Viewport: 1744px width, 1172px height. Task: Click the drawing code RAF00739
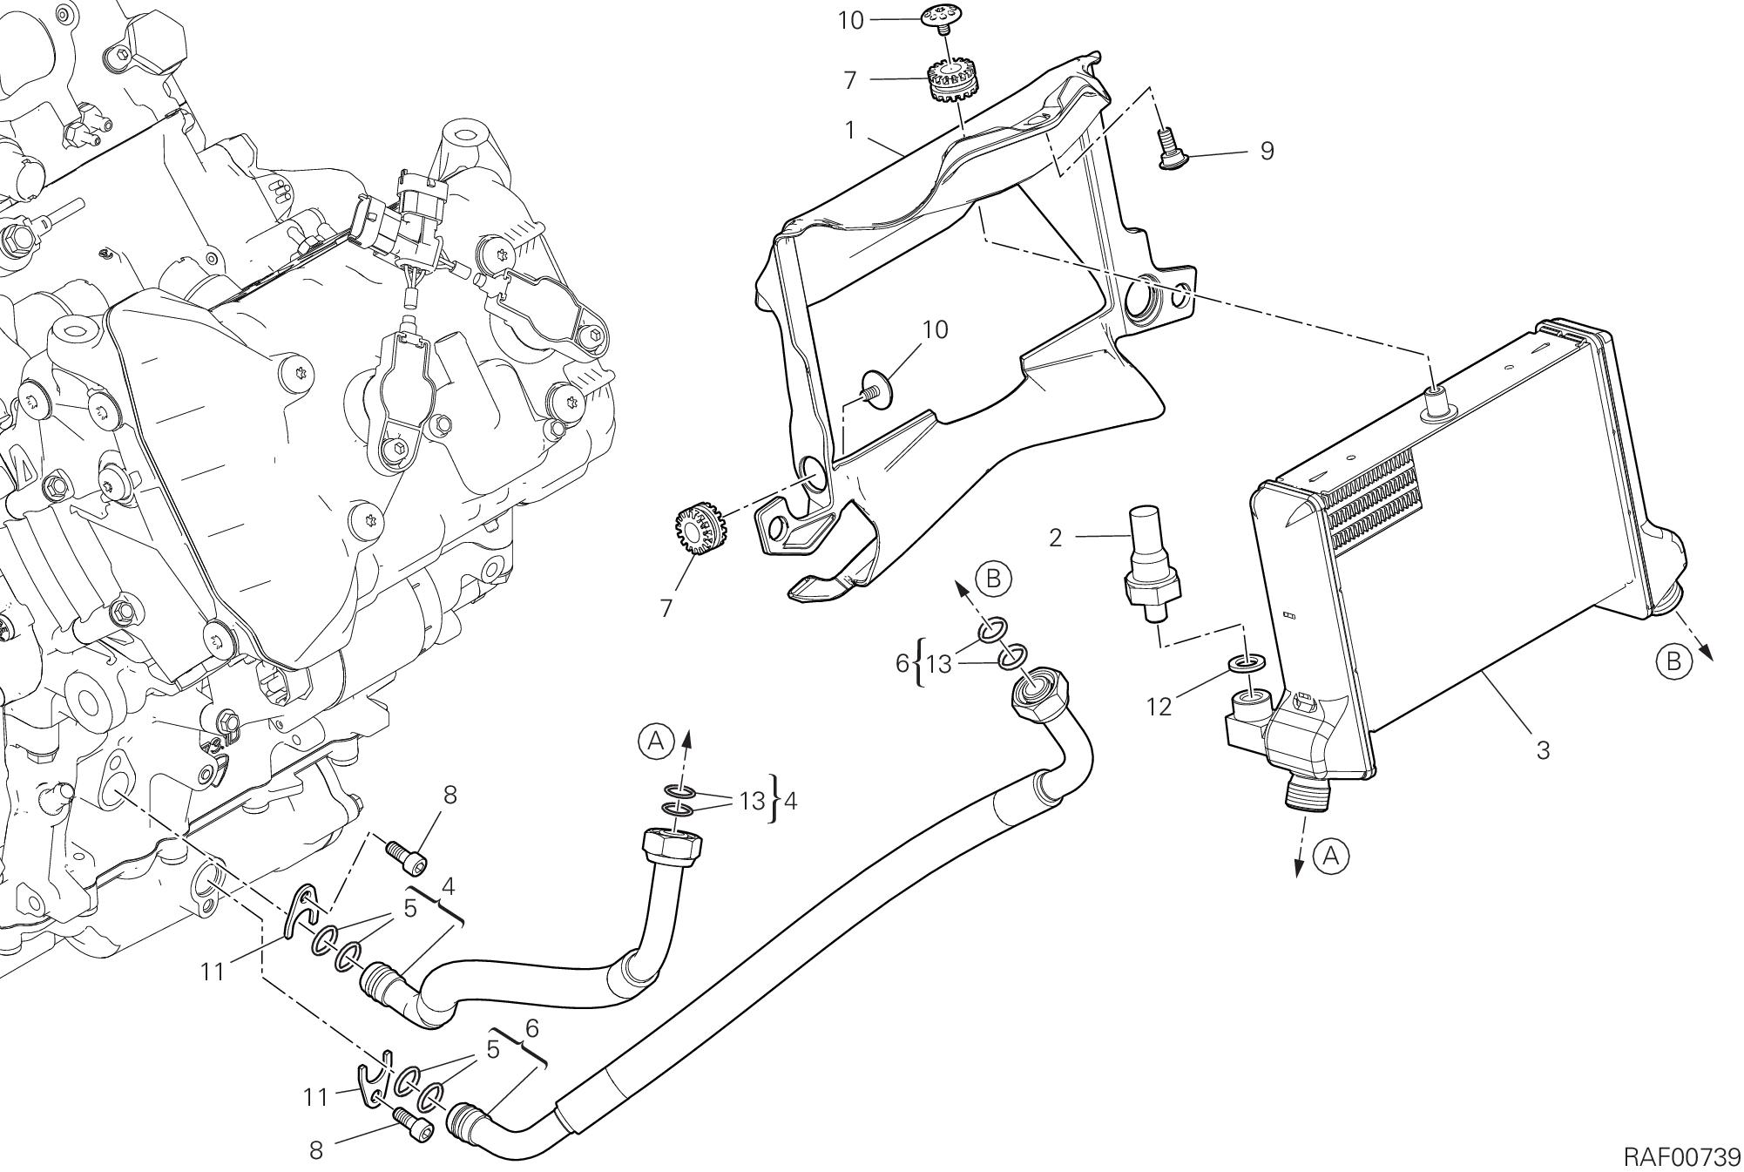[x=1681, y=1156]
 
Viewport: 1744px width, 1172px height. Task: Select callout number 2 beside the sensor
[x=1056, y=538]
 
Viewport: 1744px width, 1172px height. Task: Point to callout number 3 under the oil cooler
[x=1543, y=750]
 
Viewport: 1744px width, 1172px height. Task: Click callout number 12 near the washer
[x=1159, y=707]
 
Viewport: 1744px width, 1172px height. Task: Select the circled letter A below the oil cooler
[x=1330, y=857]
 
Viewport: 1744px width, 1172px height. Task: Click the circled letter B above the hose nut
[x=993, y=579]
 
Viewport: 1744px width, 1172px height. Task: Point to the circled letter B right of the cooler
[x=1673, y=661]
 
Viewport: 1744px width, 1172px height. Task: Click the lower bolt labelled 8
[x=413, y=1127]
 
